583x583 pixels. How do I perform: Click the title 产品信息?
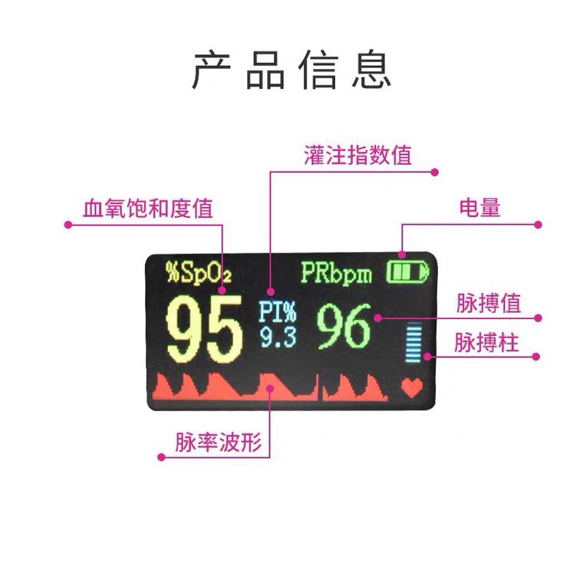(291, 71)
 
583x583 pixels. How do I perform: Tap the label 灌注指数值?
(357, 156)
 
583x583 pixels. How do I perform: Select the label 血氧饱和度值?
(148, 209)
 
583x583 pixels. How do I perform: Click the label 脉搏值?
(488, 303)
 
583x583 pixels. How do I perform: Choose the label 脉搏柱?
(487, 343)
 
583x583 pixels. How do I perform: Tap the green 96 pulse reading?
(344, 327)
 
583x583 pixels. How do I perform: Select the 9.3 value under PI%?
(277, 336)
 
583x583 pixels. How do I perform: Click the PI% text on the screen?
(277, 311)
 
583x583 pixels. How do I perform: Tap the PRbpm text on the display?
(336, 273)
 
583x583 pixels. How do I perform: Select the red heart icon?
(412, 388)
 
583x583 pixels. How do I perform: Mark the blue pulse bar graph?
(415, 343)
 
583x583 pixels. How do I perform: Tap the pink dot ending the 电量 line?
(539, 226)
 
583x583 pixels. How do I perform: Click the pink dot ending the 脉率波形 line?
(161, 457)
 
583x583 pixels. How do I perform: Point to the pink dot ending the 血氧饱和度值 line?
(68, 226)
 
